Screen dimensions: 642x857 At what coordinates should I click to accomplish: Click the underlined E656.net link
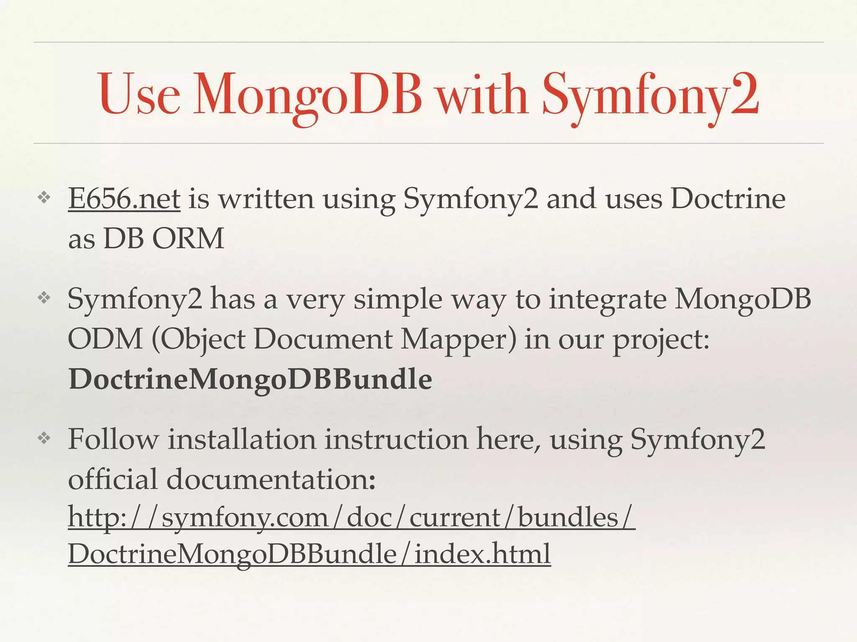click(124, 199)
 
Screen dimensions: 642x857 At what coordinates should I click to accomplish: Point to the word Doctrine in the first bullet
click(728, 199)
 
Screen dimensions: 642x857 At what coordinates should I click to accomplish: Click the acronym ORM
click(188, 239)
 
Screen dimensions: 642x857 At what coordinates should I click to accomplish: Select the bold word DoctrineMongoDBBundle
click(250, 380)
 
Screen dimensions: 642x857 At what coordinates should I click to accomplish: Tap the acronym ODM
click(105, 339)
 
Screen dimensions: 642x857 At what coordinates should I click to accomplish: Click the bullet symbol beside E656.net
click(44, 198)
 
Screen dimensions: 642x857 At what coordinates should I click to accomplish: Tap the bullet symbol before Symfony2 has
click(44, 298)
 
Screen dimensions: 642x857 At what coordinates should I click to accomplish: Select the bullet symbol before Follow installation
click(44, 438)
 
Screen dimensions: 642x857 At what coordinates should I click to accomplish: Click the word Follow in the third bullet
click(113, 440)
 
